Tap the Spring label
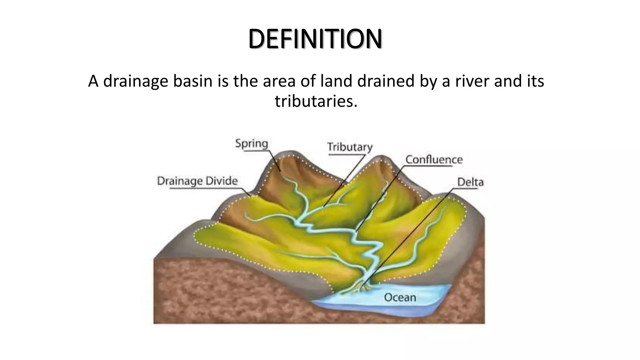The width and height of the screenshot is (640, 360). (252, 144)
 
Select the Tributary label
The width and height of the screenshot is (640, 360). (350, 147)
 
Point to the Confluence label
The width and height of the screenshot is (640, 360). (434, 160)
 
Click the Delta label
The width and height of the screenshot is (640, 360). (470, 182)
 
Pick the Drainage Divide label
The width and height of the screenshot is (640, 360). (197, 181)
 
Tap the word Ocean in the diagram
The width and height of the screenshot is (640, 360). (400, 297)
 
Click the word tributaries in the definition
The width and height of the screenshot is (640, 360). (316, 101)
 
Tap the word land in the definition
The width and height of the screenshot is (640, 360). (337, 81)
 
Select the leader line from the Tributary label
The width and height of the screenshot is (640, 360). (344, 181)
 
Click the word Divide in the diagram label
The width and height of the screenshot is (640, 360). (222, 181)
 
